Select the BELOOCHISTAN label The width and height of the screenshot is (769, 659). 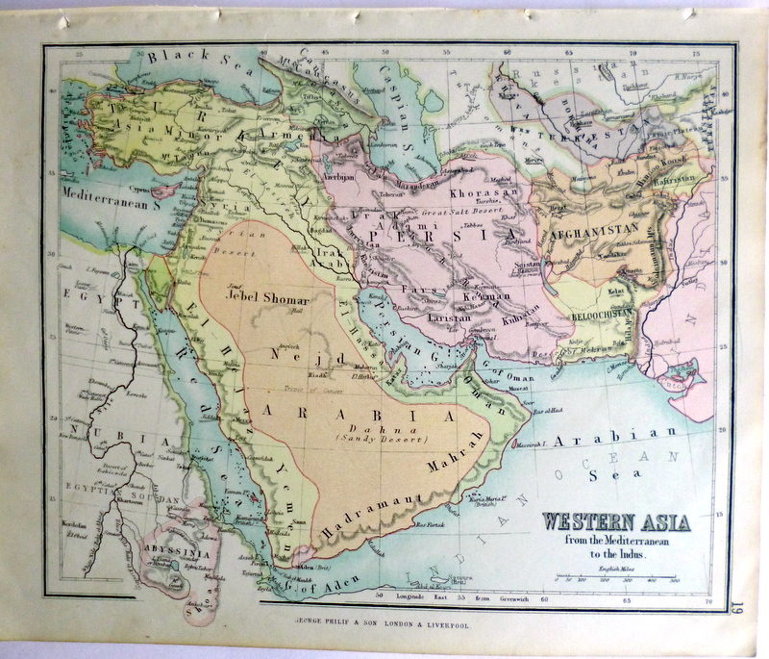(x=611, y=289)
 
